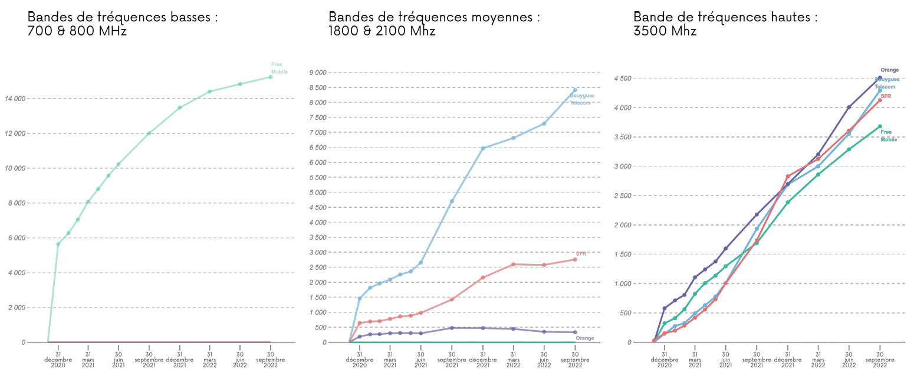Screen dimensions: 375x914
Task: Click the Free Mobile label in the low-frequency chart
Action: [x=280, y=68]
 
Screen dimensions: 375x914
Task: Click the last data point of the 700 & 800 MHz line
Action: [x=270, y=77]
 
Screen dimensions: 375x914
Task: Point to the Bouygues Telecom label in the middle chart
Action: [x=581, y=99]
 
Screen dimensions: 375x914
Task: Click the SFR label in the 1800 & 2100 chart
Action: [x=581, y=253]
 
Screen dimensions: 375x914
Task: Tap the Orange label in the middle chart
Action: [x=584, y=338]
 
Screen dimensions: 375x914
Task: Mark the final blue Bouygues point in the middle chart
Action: [x=575, y=90]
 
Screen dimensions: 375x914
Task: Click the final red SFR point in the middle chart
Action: [x=575, y=259]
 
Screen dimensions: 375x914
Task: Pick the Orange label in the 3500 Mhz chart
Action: [x=889, y=70]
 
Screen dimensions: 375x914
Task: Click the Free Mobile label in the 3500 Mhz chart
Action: [x=888, y=136]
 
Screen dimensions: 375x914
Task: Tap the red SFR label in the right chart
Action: [x=886, y=96]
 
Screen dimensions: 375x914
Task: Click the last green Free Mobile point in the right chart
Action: [x=880, y=126]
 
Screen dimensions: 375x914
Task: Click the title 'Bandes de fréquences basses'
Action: [x=123, y=17]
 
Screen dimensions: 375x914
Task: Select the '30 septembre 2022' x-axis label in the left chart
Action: [x=271, y=360]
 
